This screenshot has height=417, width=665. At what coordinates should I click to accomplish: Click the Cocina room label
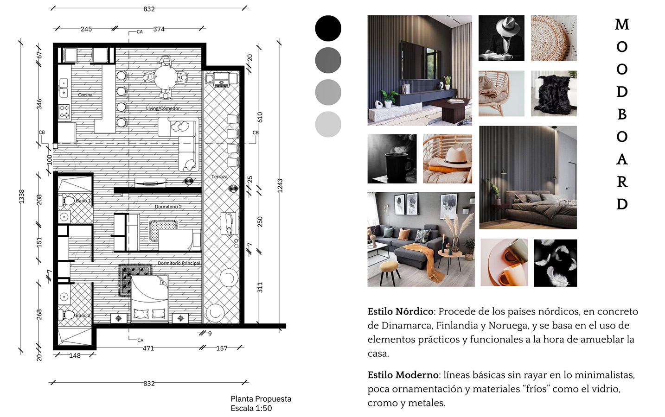click(85, 95)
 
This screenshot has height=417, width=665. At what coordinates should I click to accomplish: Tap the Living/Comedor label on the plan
click(163, 108)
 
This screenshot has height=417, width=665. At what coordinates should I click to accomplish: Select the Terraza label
click(219, 177)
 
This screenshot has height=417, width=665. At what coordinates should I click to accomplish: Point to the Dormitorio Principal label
click(179, 263)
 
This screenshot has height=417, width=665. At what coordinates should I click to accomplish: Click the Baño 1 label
click(83, 201)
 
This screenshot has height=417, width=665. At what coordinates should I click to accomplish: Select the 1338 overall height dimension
click(21, 196)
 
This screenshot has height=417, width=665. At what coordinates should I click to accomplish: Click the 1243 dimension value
click(280, 185)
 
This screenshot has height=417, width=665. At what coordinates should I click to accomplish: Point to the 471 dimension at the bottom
click(148, 348)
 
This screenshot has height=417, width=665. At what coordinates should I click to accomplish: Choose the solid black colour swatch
click(328, 28)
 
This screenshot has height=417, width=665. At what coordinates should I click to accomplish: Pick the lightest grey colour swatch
click(328, 124)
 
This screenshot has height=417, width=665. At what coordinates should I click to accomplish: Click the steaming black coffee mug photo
click(392, 159)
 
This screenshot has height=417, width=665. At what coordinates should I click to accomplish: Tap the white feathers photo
click(555, 263)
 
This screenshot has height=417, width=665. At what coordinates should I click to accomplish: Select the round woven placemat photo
click(554, 38)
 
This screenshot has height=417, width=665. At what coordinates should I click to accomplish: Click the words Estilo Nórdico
click(400, 311)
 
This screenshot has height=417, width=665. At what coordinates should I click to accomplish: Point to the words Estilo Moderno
click(403, 375)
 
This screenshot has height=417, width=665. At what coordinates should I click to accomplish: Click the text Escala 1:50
click(251, 408)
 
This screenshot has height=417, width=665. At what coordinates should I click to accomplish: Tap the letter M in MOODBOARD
click(622, 25)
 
